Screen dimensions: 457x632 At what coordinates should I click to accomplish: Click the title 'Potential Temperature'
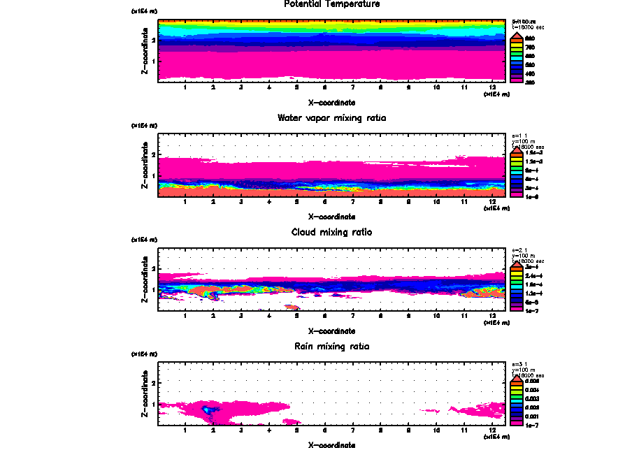(x=332, y=4)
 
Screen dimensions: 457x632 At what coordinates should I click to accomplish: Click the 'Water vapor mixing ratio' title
(x=332, y=118)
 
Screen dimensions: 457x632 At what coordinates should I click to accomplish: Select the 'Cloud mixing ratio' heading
(x=332, y=232)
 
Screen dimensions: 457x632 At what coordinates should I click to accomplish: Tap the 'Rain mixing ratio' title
(x=332, y=347)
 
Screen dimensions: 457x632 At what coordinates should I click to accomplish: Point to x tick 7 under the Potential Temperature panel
(x=353, y=88)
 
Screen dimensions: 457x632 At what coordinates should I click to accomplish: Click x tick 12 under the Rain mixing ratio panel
(x=493, y=430)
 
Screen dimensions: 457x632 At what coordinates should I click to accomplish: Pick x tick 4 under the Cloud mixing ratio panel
(x=269, y=317)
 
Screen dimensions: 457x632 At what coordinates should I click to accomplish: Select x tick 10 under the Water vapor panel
(x=437, y=203)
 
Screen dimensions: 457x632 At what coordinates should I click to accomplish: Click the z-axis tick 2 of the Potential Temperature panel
(x=153, y=41)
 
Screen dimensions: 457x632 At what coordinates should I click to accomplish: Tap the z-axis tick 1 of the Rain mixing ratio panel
(x=153, y=404)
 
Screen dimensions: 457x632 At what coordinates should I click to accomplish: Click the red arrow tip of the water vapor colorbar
(x=515, y=148)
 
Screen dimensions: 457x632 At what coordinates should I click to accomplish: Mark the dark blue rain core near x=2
(x=208, y=409)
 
